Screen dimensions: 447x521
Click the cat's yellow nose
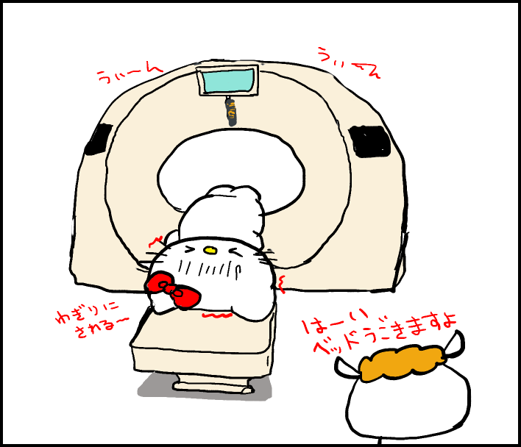pyautogui.click(x=210, y=251)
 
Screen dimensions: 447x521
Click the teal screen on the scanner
pyautogui.click(x=227, y=81)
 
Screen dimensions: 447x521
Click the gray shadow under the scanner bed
pyautogui.click(x=158, y=386)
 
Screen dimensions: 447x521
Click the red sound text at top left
pyautogui.click(x=128, y=72)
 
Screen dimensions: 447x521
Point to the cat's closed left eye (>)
pyautogui.click(x=190, y=251)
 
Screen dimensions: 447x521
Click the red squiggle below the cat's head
pyautogui.click(x=218, y=316)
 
